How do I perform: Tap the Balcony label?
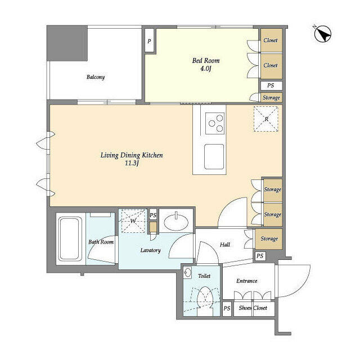[x=96, y=78]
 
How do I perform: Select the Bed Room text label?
[x=206, y=60]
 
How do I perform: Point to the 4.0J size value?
[x=206, y=69]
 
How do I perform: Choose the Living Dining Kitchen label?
[x=132, y=155]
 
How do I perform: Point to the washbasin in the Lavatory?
[x=175, y=220]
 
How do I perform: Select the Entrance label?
[x=246, y=281]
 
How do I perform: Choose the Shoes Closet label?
[x=254, y=308]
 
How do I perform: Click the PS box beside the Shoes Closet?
[x=227, y=308]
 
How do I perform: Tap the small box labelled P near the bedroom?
[x=150, y=40]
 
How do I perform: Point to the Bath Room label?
[x=101, y=242]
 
